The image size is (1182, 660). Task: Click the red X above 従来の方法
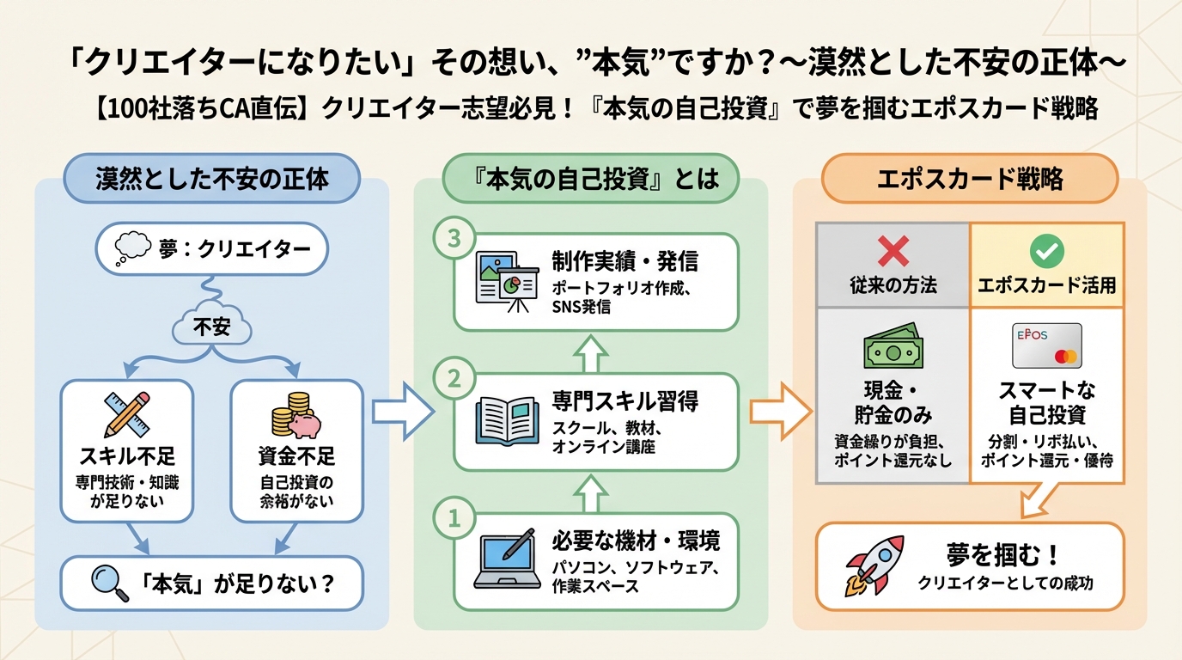click(893, 252)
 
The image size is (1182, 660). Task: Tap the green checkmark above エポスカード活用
click(1046, 252)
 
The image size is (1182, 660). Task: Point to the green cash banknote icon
click(893, 347)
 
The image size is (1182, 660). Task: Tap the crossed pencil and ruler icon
click(127, 414)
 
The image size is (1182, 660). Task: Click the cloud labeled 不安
click(211, 326)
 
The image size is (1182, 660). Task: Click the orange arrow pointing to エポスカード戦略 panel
click(780, 410)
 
